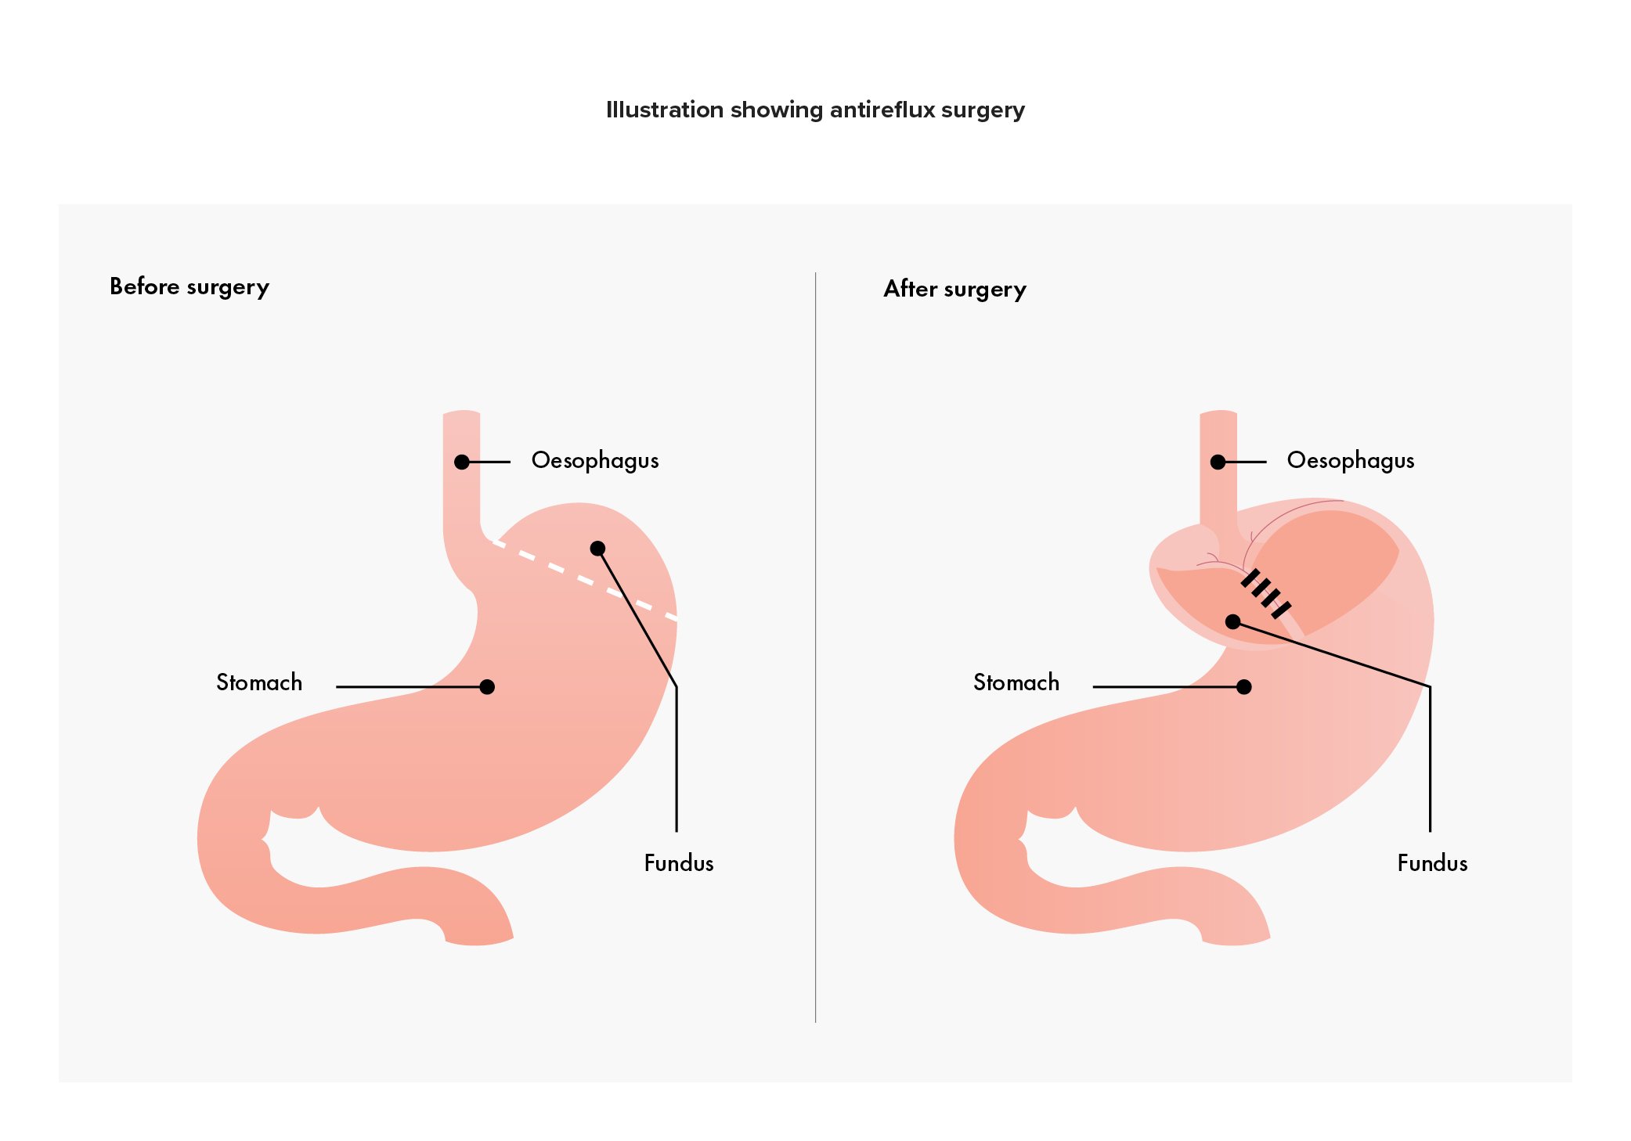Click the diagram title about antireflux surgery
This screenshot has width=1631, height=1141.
point(815,110)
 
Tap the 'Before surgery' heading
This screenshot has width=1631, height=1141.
point(189,287)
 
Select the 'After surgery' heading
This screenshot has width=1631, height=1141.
point(954,290)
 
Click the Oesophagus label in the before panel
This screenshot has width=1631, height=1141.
point(595,461)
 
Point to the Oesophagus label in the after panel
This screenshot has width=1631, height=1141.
point(1351,461)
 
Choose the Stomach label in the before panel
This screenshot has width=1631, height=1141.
point(259,682)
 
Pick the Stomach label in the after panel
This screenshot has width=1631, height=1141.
point(1016,682)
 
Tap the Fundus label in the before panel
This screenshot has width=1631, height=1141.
point(679,863)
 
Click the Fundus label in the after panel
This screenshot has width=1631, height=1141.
point(1432,863)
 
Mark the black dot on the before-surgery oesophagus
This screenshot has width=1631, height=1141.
point(462,462)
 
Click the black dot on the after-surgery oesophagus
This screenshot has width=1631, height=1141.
point(1218,462)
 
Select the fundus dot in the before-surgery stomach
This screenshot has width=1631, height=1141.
point(597,548)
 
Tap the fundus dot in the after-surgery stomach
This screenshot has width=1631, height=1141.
point(1232,621)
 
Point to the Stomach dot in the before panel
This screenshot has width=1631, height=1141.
point(487,686)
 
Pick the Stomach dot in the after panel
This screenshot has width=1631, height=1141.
point(1243,686)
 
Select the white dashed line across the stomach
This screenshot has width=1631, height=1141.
point(583,580)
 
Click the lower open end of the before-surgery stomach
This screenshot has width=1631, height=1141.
point(479,940)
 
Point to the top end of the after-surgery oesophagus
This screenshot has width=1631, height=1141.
point(1218,414)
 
